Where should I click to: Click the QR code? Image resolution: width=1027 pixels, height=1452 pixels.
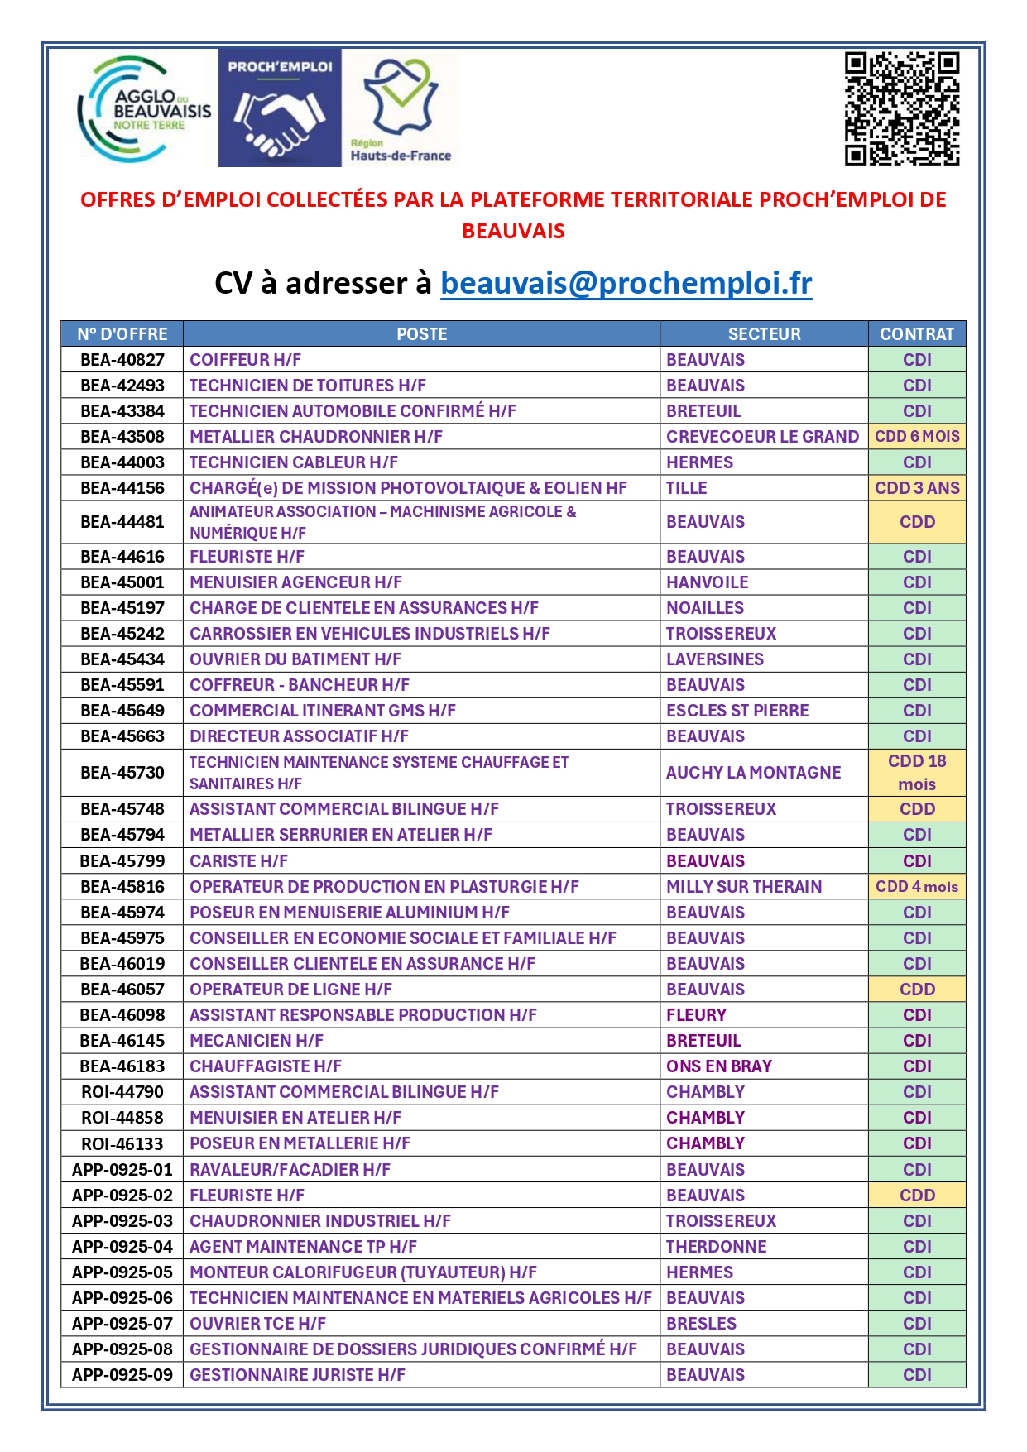(901, 109)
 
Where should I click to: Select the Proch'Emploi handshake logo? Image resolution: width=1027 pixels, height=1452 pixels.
(280, 108)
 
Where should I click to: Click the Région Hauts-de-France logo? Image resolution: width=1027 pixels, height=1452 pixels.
(401, 109)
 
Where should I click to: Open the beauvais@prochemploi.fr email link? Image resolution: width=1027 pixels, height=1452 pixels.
(626, 283)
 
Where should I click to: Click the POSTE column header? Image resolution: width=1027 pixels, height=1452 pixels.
(421, 334)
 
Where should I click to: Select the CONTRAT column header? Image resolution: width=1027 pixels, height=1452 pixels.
(916, 334)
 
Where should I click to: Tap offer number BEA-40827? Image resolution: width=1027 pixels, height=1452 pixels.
(122, 360)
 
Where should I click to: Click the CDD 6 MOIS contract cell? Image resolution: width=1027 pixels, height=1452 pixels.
(917, 437)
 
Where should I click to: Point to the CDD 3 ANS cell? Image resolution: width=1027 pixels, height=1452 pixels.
(917, 488)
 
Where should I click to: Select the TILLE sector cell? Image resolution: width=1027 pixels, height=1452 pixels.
(687, 488)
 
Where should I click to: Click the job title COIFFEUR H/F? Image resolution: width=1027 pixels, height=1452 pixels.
(245, 360)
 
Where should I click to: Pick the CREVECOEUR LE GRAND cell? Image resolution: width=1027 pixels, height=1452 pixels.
(762, 437)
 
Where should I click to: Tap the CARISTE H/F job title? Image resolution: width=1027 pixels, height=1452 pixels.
(238, 861)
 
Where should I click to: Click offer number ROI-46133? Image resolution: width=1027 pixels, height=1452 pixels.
(122, 1143)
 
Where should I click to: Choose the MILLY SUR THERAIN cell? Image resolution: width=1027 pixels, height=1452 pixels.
(744, 887)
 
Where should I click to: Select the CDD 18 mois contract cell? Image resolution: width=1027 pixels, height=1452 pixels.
(917, 773)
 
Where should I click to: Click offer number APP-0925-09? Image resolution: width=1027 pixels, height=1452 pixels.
(122, 1375)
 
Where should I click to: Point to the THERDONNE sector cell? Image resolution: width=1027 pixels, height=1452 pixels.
(716, 1247)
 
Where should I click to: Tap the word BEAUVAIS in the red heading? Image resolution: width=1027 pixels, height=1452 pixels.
(513, 231)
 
